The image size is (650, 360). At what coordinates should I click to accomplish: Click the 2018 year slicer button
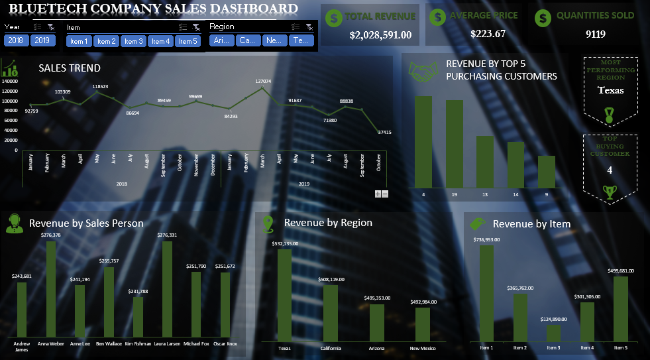click(15, 40)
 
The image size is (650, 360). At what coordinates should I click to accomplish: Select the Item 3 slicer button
click(133, 41)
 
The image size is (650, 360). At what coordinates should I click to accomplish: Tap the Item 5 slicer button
click(188, 41)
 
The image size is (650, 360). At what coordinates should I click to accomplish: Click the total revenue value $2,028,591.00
click(380, 34)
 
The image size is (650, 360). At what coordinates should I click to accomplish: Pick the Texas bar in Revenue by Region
click(284, 295)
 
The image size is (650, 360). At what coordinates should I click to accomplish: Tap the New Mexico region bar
click(423, 324)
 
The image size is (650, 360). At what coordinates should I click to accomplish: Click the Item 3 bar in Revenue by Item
click(553, 332)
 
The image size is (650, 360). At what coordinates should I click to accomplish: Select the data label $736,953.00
click(487, 240)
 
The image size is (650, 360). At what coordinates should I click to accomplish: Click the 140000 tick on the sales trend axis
click(9, 82)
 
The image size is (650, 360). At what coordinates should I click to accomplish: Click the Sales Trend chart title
click(70, 68)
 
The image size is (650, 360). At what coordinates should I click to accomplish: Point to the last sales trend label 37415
click(384, 132)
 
